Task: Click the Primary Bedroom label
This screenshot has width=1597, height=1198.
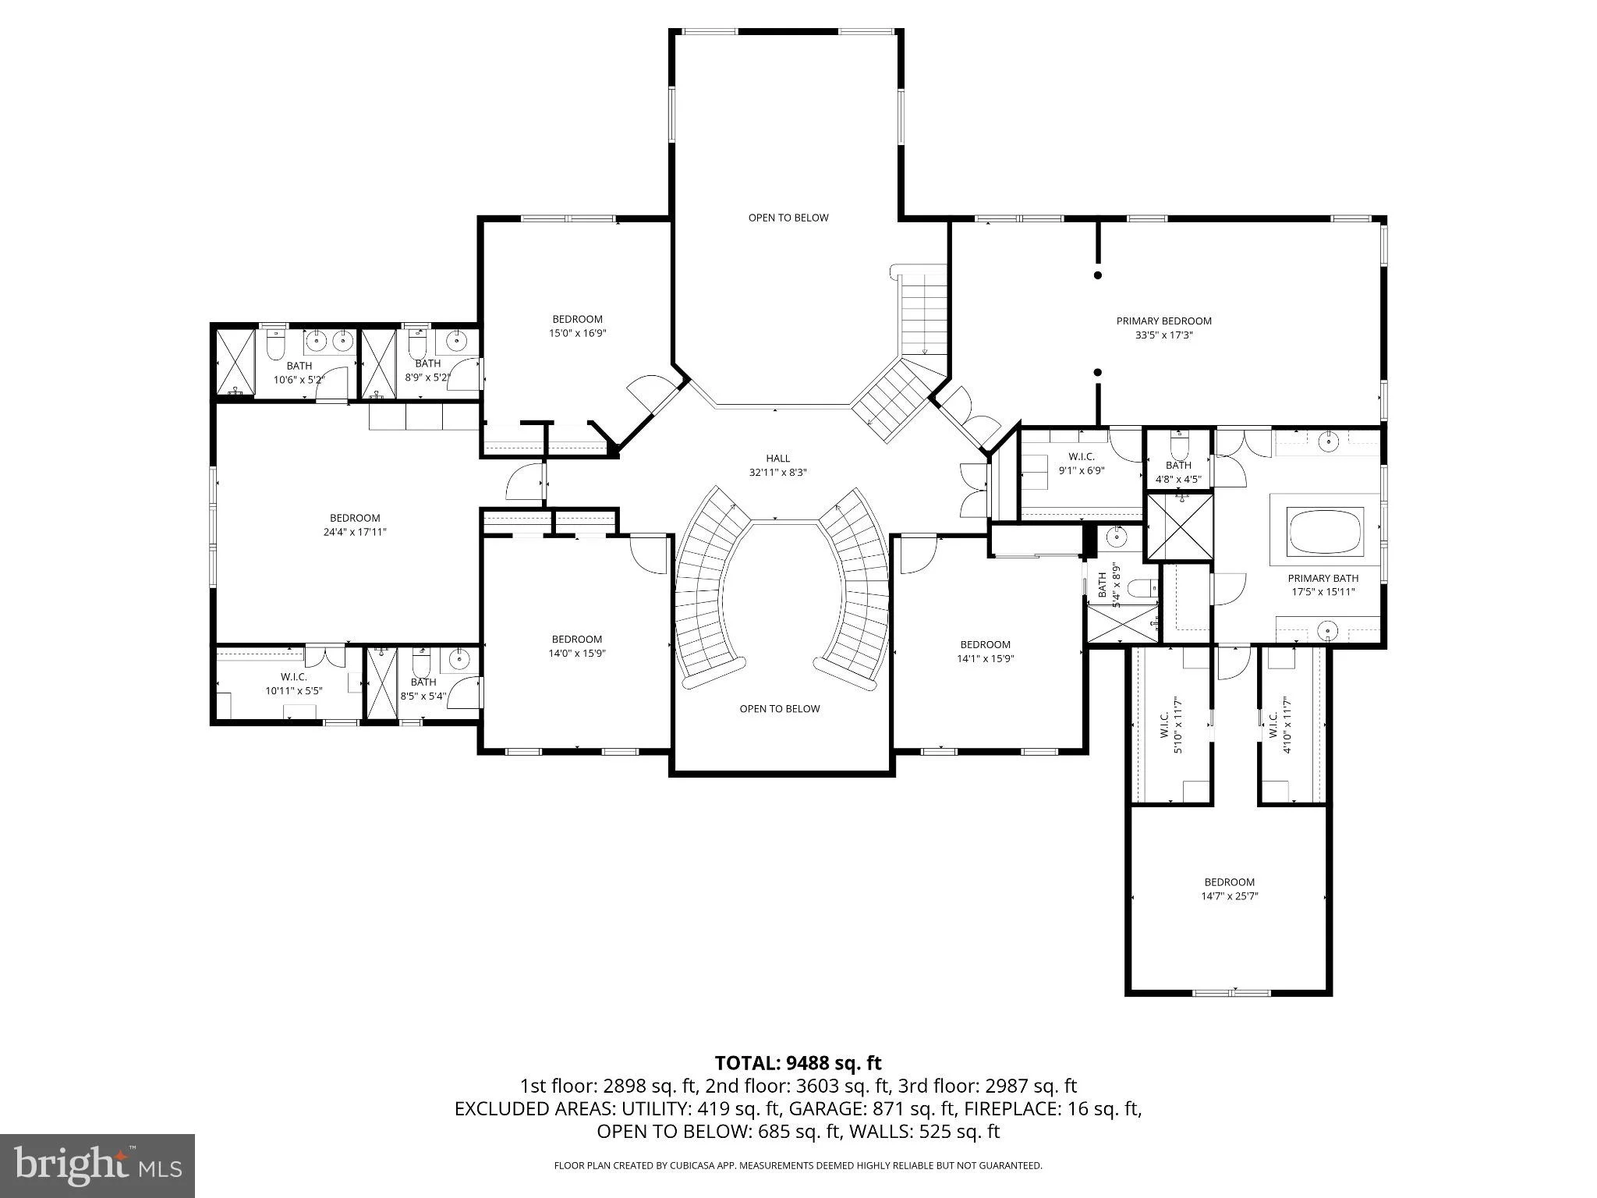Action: [1163, 321]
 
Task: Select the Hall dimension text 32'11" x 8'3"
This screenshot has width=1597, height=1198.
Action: [777, 472]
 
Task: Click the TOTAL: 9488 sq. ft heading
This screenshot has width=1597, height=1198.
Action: [798, 1062]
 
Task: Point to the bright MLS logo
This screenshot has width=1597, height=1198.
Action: [97, 1166]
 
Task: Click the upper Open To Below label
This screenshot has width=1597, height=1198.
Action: [788, 218]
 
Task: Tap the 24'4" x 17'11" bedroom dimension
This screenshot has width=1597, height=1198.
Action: [355, 532]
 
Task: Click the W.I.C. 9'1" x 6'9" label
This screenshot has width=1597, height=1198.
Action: [1082, 463]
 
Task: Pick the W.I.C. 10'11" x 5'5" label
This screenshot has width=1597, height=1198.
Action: [294, 684]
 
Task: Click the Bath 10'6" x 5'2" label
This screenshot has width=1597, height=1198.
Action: [299, 373]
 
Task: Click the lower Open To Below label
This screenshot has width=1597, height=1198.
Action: [780, 709]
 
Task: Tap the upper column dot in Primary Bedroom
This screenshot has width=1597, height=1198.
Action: [1098, 275]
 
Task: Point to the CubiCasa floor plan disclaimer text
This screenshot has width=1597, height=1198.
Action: [798, 1165]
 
